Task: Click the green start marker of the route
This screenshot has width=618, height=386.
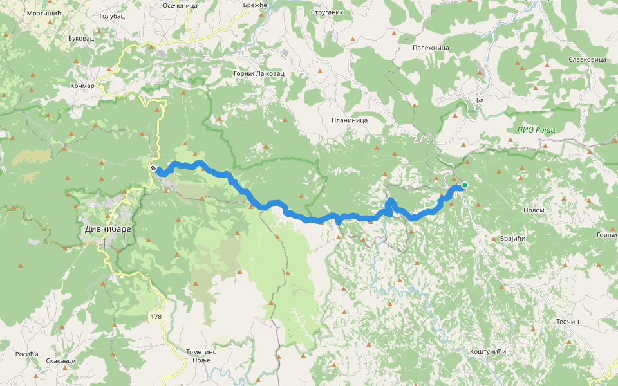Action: click(x=464, y=185)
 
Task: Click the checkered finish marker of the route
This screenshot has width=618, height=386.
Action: click(x=153, y=169)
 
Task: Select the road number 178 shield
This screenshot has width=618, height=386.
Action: click(x=156, y=317)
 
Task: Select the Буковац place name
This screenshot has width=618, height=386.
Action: click(x=80, y=38)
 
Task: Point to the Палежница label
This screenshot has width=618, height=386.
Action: click(x=431, y=47)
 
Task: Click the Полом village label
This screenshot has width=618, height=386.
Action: click(x=534, y=210)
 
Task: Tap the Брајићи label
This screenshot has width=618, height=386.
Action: click(x=512, y=238)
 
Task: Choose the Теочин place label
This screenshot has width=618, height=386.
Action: click(x=568, y=321)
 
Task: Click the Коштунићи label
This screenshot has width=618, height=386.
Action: click(x=487, y=351)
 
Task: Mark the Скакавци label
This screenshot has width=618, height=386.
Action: click(x=61, y=361)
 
